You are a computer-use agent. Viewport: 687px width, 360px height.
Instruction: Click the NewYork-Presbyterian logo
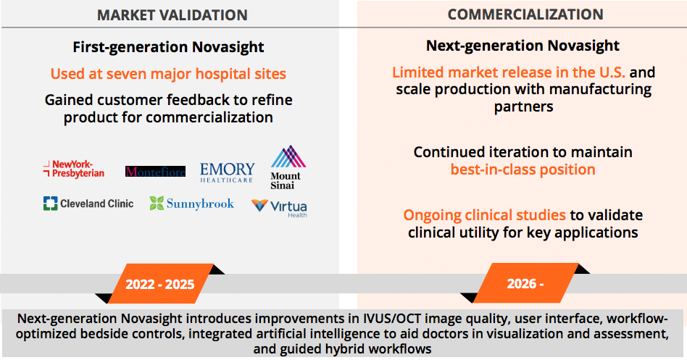(x=74, y=169)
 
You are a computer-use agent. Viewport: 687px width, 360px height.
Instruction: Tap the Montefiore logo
(x=155, y=171)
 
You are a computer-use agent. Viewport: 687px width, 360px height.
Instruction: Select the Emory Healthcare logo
(x=228, y=172)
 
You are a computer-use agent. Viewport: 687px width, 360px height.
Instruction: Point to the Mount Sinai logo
(x=288, y=168)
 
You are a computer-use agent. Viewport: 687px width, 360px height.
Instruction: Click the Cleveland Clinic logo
(x=88, y=204)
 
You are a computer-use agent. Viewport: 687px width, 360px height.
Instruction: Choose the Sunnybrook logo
(x=192, y=204)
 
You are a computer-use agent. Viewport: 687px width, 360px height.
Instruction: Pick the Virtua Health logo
(x=279, y=208)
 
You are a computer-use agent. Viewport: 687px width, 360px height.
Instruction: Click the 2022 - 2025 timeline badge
(x=160, y=284)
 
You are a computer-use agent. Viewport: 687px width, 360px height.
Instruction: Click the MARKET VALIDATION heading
(x=172, y=15)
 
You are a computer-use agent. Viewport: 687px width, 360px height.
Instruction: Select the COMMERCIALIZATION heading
(x=525, y=14)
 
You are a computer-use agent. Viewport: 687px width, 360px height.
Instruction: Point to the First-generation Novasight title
(x=168, y=47)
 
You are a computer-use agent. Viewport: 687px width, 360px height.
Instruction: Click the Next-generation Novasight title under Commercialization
(x=522, y=46)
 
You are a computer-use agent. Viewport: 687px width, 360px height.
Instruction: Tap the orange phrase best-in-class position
(x=522, y=169)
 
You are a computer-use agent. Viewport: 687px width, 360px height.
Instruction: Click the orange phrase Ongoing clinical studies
(x=485, y=215)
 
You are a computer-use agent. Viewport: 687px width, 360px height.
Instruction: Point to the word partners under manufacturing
(x=523, y=107)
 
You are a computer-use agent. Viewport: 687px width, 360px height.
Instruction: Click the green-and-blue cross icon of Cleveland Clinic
(x=51, y=204)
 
